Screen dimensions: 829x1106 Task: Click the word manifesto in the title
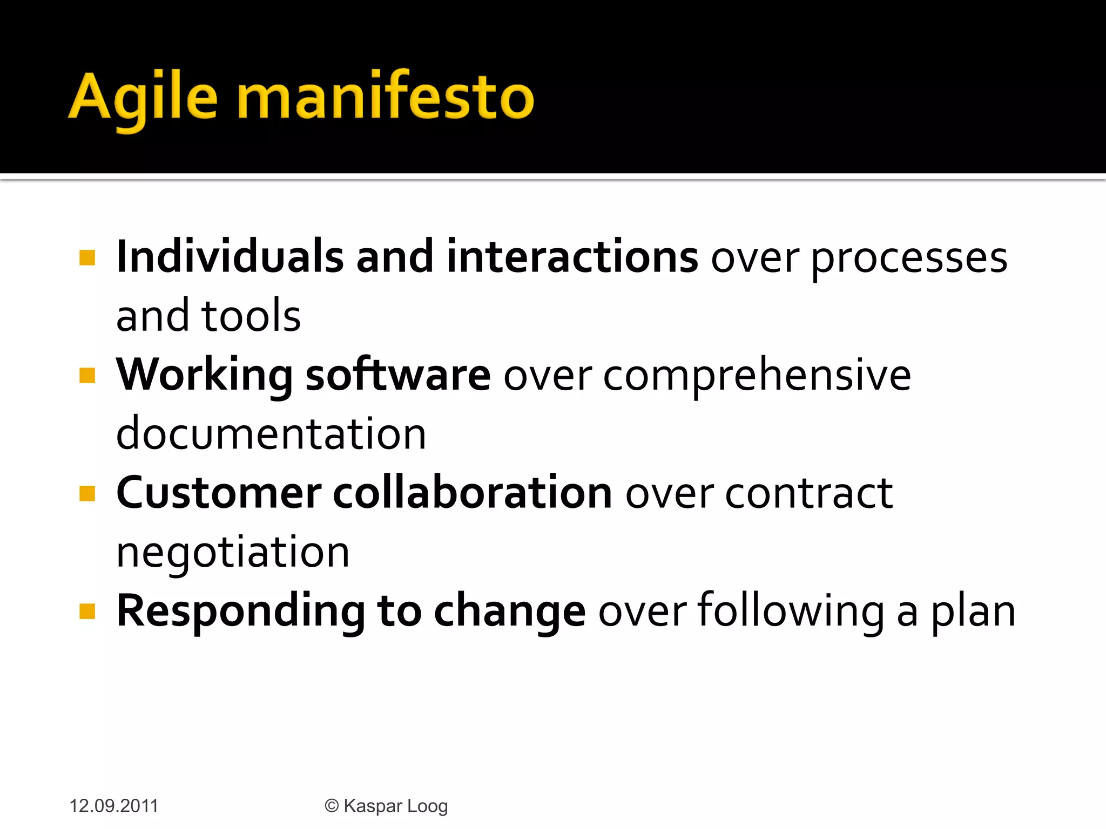pyautogui.click(x=385, y=97)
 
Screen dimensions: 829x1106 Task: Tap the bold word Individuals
pyautogui.click(x=230, y=257)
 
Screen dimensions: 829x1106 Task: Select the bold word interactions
pyautogui.click(x=572, y=257)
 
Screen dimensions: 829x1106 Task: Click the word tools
pyautogui.click(x=251, y=316)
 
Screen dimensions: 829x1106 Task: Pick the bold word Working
pyautogui.click(x=205, y=376)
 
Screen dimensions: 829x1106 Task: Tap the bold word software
pyautogui.click(x=398, y=375)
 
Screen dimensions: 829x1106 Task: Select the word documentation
pyautogui.click(x=271, y=434)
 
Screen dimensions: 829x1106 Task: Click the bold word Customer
pyautogui.click(x=219, y=493)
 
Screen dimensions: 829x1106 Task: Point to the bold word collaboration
pyautogui.click(x=473, y=493)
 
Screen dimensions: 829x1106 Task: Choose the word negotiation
pyautogui.click(x=233, y=553)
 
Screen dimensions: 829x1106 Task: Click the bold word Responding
pyautogui.click(x=241, y=612)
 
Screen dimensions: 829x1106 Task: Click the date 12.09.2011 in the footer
pyautogui.click(x=113, y=806)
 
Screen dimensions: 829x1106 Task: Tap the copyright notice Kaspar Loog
pyautogui.click(x=386, y=806)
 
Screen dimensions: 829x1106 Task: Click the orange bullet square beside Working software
pyautogui.click(x=87, y=375)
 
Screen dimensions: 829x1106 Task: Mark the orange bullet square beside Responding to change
pyautogui.click(x=87, y=611)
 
